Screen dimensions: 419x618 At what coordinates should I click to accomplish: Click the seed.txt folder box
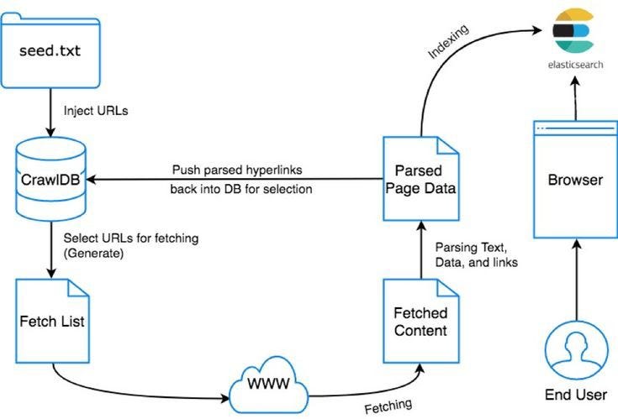[x=51, y=51]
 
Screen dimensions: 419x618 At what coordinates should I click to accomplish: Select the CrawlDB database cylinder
[x=51, y=179]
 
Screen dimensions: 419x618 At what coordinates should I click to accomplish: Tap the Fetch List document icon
[x=51, y=320]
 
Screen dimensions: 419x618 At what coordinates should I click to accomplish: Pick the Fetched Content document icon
[x=420, y=319]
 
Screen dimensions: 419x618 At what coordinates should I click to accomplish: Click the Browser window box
[x=574, y=180]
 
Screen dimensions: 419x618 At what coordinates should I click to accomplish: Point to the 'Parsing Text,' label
[x=472, y=249]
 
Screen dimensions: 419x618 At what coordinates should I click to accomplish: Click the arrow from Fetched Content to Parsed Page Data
[x=421, y=251]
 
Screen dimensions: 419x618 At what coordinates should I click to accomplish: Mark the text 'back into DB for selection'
[x=242, y=189]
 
